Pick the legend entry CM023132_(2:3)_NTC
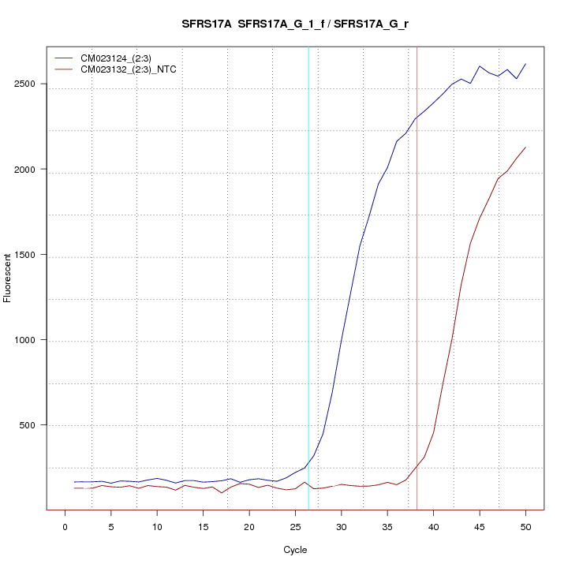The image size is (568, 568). click(134, 69)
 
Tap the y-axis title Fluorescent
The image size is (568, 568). click(9, 278)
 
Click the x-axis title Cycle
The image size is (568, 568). click(294, 550)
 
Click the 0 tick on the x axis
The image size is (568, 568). click(65, 526)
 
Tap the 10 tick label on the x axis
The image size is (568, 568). click(157, 526)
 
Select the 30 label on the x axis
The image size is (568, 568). click(341, 526)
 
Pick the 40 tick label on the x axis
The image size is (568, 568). click(433, 526)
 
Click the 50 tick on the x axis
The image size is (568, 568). click(525, 526)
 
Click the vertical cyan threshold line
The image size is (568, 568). click(308, 276)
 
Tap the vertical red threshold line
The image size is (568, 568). click(417, 276)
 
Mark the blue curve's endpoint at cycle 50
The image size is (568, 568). click(525, 64)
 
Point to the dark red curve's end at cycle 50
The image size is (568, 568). click(525, 148)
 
